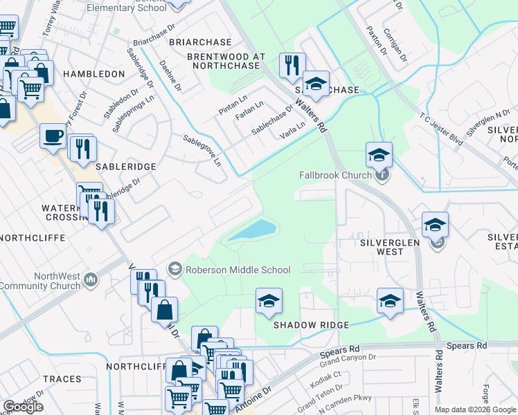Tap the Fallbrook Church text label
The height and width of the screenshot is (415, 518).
pos(335,175)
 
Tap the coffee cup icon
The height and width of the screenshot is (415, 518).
pos(53,136)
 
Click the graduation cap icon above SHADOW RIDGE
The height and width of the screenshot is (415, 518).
pos(269,301)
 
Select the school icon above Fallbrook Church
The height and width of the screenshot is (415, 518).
pos(379,155)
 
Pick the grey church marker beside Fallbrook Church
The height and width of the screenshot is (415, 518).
pos(382,174)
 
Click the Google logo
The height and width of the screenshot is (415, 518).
pos(23,407)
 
